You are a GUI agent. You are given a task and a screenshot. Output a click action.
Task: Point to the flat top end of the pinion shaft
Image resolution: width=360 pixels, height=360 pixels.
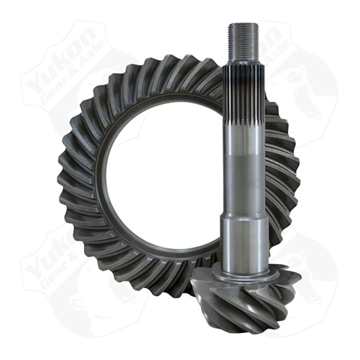coord(243,24)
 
